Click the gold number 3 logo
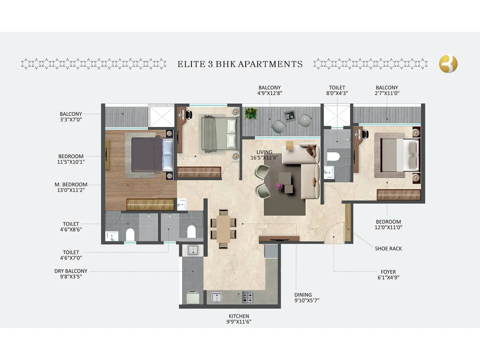pos(448,64)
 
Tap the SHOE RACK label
pos(388,248)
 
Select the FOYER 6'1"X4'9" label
pos(388,274)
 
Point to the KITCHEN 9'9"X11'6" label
pos(239,319)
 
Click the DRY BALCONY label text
pos(71,271)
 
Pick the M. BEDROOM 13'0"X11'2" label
pos(71,187)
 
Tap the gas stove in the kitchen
pos(247,297)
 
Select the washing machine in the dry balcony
pos(193,297)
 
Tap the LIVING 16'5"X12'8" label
pos(264,155)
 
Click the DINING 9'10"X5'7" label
pos(306,298)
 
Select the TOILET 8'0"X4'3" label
pos(337,90)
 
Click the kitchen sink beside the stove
pos(217,297)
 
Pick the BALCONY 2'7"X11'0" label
pos(387,90)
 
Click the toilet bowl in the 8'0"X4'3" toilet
pos(333,157)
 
